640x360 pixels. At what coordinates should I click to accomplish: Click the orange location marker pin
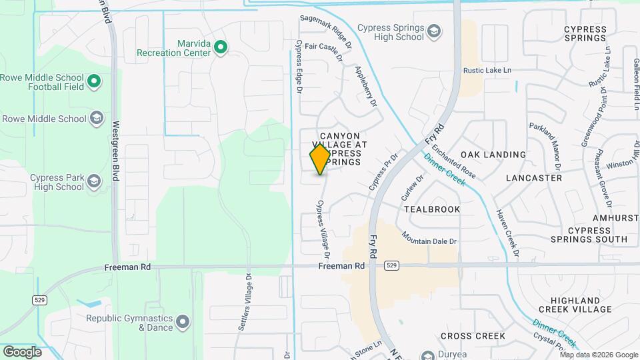pos(320,159)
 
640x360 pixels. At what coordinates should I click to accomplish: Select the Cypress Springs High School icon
pos(435,31)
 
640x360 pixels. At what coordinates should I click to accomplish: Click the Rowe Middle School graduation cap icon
pos(97,119)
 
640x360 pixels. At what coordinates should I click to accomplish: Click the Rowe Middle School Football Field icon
pos(95,82)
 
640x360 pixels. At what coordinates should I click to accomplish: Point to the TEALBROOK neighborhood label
pos(432,209)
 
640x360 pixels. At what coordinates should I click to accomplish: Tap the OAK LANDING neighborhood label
pos(493,155)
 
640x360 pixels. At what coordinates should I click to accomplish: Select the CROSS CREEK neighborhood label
pos(472,336)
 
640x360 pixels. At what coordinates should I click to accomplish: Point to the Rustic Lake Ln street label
pos(487,70)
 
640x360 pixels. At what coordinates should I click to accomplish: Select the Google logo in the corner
pos(22,351)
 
